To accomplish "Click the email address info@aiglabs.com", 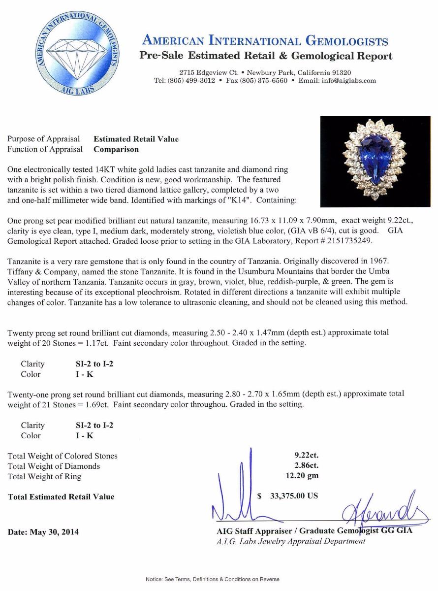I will [x=349, y=81].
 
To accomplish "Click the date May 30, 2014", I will [x=43, y=532].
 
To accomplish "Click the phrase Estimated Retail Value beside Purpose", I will [x=136, y=139].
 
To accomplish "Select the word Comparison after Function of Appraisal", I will [x=116, y=149].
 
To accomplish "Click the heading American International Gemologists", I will [x=265, y=41].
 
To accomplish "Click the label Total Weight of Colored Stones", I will [x=63, y=456].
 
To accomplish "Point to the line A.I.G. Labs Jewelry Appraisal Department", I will [x=291, y=541].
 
